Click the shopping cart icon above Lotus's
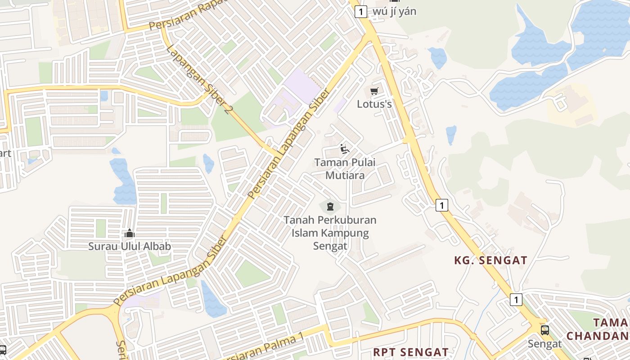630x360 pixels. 374,91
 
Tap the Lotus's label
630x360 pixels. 374,104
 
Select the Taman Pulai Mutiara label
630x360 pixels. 345,169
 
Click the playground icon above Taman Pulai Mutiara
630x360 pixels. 345,149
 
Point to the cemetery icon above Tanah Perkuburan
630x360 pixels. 330,207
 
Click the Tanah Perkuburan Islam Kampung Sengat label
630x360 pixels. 330,233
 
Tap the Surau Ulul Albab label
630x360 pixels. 130,247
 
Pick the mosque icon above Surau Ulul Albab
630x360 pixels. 130,233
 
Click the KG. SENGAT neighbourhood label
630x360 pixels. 490,260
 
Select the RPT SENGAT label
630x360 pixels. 411,351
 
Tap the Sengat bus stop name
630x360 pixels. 544,344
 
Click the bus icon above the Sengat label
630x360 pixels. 544,330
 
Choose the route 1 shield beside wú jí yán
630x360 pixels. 360,11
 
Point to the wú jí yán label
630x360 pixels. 395,11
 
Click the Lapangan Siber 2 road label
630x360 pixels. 198,80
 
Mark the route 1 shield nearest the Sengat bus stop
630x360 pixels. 516,299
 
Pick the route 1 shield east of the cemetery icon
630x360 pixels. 442,206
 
